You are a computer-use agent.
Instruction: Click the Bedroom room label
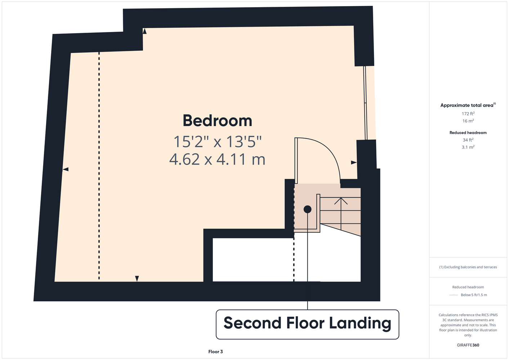pyautogui.click(x=218, y=121)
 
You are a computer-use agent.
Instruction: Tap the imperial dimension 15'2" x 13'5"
pyautogui.click(x=218, y=142)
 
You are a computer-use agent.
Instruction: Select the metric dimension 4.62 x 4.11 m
pyautogui.click(x=217, y=159)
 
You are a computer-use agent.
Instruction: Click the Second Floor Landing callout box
pyautogui.click(x=307, y=324)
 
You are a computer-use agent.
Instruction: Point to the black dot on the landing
pyautogui.click(x=307, y=209)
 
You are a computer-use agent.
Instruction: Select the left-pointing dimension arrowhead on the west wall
pyautogui.click(x=66, y=169)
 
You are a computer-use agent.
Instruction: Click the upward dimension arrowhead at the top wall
pyautogui.click(x=144, y=31)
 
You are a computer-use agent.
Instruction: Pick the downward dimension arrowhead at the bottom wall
pyautogui.click(x=137, y=279)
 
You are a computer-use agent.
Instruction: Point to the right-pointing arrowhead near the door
pyautogui.click(x=354, y=162)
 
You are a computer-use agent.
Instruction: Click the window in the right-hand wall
pyautogui.click(x=365, y=103)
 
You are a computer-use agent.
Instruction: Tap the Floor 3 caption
pyautogui.click(x=215, y=352)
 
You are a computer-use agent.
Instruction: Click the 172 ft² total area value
pyautogui.click(x=468, y=113)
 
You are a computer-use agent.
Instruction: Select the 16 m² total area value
pyautogui.click(x=468, y=121)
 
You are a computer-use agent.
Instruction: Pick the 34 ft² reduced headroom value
pyautogui.click(x=468, y=140)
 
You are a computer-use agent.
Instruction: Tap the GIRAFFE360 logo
pyautogui.click(x=468, y=345)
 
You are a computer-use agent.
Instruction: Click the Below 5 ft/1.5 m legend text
pyautogui.click(x=474, y=295)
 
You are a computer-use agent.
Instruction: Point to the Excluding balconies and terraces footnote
pyautogui.click(x=468, y=267)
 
